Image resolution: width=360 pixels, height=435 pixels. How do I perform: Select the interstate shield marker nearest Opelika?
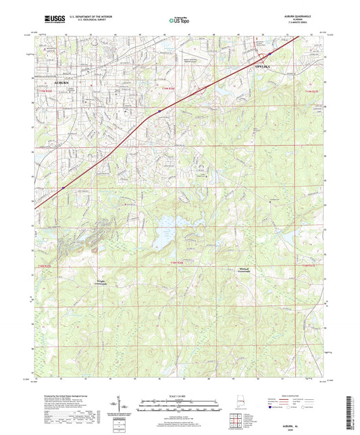269,54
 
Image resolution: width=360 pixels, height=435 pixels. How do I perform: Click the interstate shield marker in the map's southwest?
63,180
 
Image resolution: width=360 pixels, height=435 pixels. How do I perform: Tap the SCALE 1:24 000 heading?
179,395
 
